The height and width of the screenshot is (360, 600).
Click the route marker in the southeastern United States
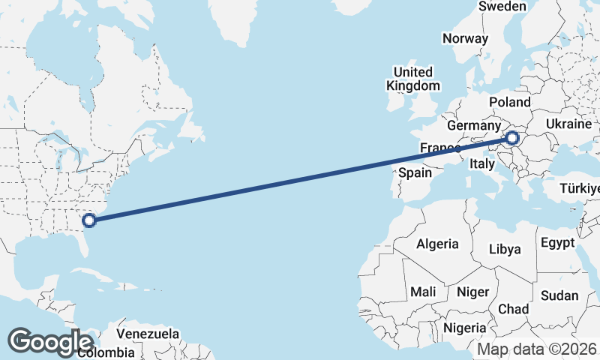tap(89, 220)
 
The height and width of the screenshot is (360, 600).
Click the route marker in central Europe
tap(512, 137)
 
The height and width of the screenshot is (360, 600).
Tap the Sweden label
tap(502, 6)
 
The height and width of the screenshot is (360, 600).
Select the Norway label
tap(465, 38)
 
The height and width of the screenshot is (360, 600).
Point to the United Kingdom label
tap(413, 79)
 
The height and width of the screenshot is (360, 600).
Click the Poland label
tap(509, 102)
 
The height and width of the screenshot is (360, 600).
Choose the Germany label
tap(473, 125)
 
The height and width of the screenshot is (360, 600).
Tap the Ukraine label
tap(568, 124)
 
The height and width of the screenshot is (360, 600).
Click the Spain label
tap(415, 172)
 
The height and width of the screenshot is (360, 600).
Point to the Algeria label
tap(437, 244)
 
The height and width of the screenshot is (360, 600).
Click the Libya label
tap(504, 249)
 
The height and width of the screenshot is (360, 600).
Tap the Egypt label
tap(556, 242)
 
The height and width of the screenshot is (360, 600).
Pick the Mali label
tap(422, 291)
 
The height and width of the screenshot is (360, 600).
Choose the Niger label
tap(472, 292)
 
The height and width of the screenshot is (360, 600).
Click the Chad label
tap(513, 309)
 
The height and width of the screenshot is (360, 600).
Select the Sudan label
tap(559, 295)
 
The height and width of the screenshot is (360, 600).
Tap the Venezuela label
tap(148, 333)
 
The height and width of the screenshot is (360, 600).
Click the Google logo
tap(50, 341)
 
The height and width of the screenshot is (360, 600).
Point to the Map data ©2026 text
tap(537, 349)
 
